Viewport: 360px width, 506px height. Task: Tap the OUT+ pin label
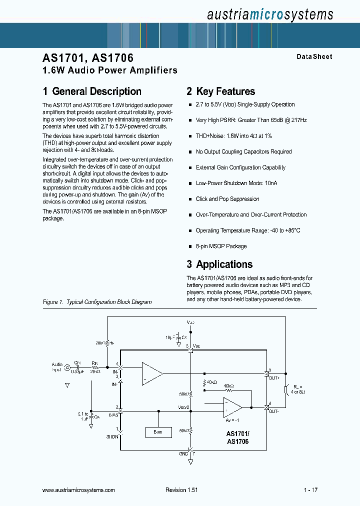coord(274,378)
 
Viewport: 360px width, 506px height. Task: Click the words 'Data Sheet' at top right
coord(314,57)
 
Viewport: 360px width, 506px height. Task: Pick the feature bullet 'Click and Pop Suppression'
coord(227,199)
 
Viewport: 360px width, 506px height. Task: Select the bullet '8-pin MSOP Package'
coord(221,246)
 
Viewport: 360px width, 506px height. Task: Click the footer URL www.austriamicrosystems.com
coord(79,490)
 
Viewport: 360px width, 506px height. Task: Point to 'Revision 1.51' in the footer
coord(181,490)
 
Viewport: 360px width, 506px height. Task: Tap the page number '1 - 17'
coord(310,490)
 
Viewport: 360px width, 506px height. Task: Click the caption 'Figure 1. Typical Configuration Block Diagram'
coord(97,302)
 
